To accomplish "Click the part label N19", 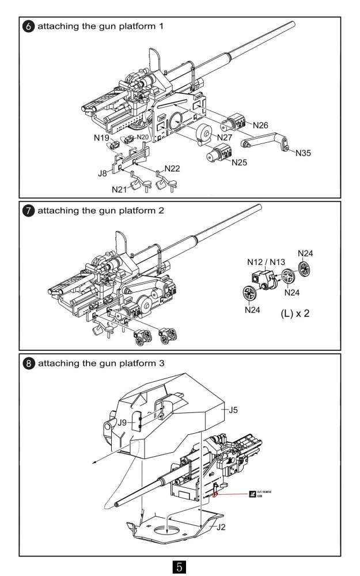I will tap(101, 138).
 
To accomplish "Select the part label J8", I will tap(103, 172).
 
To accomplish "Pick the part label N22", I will tap(172, 169).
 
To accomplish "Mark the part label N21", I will tap(120, 189).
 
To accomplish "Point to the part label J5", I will tap(233, 410).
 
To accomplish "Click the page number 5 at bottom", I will tap(179, 566).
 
